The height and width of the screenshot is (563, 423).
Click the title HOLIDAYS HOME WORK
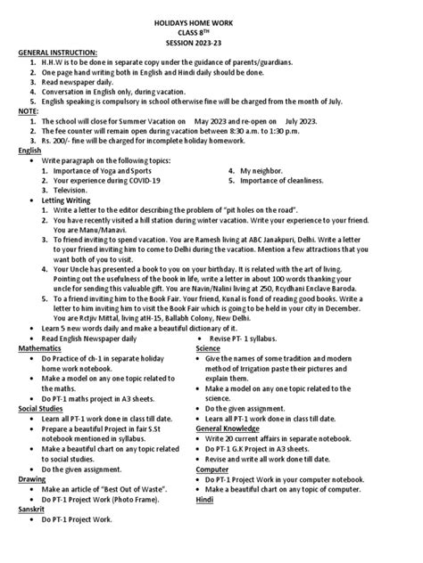[x=211, y=13]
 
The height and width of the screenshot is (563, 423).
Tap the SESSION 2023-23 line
[x=211, y=41]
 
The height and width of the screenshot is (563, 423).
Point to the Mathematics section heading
[x=46, y=347]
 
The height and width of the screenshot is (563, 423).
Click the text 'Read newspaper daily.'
[x=83, y=80]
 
